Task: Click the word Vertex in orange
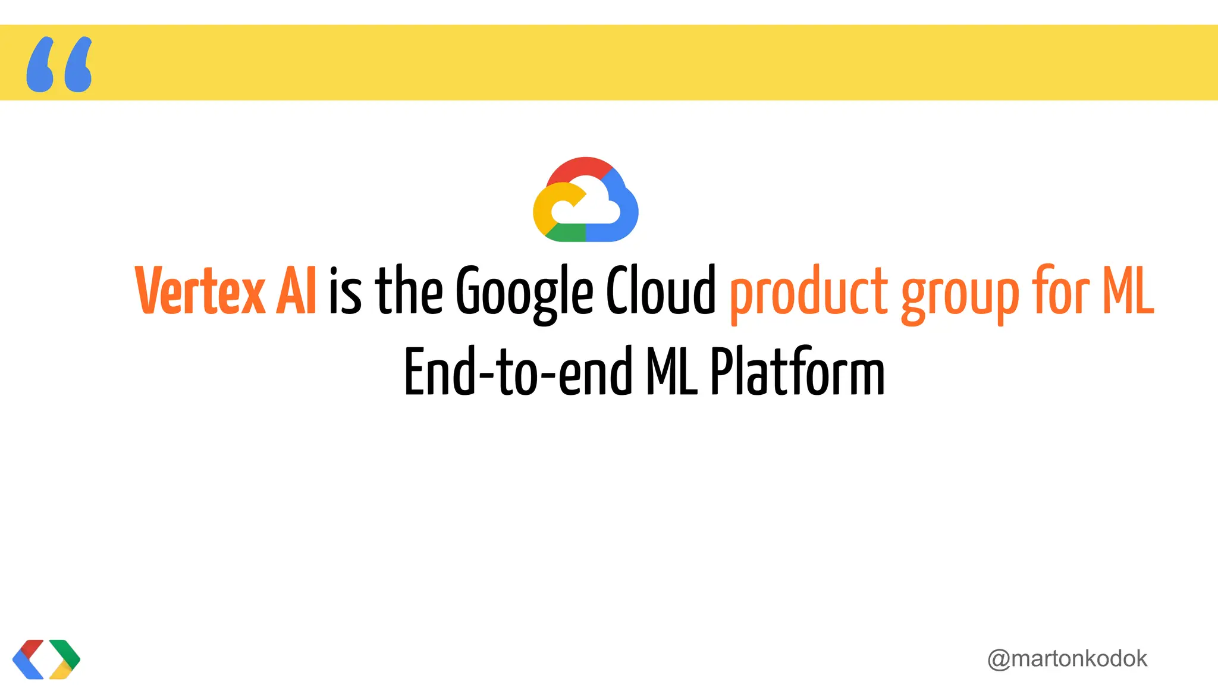click(200, 291)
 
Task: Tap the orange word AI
click(296, 291)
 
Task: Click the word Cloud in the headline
click(661, 291)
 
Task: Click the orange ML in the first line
click(1128, 291)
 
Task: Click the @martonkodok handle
click(1067, 659)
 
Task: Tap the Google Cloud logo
click(586, 200)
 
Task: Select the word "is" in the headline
click(345, 291)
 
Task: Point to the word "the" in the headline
click(409, 291)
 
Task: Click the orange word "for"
click(1061, 291)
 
